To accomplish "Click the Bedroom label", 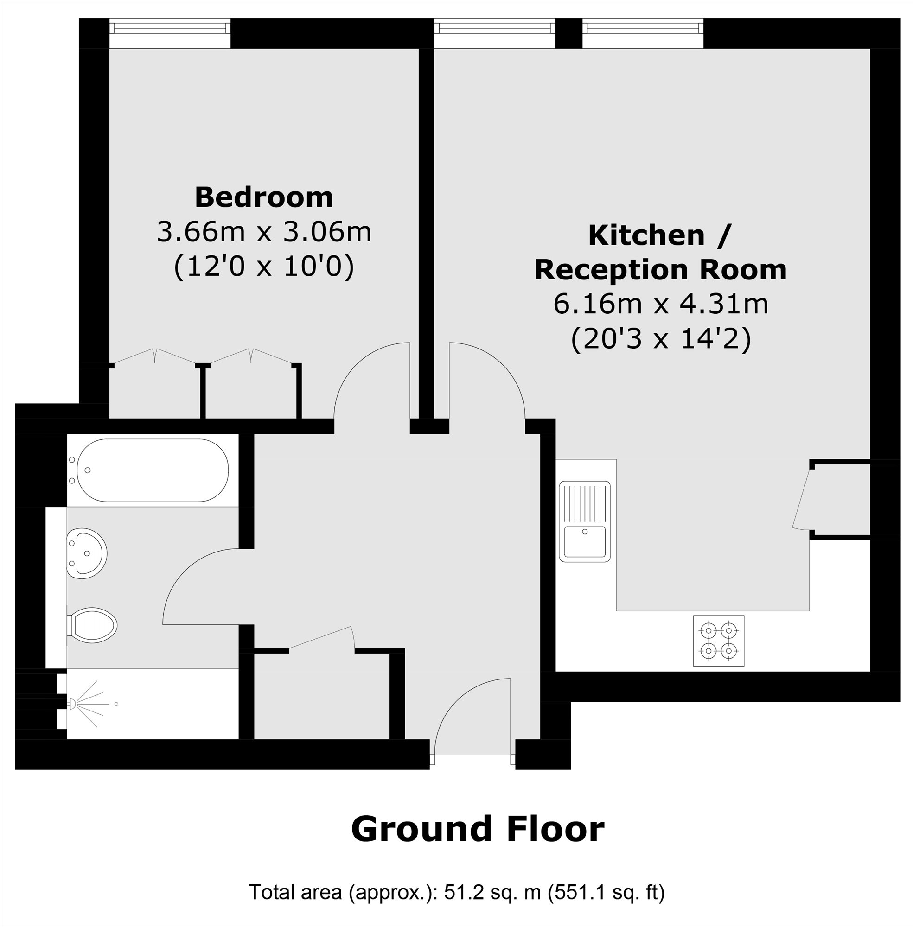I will coord(264,197).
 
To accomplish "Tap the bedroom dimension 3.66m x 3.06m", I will coord(264,232).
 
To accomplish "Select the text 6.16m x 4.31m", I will coord(660,304).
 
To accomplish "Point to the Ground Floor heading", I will coord(478,829).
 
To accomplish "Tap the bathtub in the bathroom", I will coord(153,470).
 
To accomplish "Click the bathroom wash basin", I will coord(86,553).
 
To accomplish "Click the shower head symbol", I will coord(73,704).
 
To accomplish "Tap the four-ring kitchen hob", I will coord(718,641).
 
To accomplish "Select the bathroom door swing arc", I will coord(199,588).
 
